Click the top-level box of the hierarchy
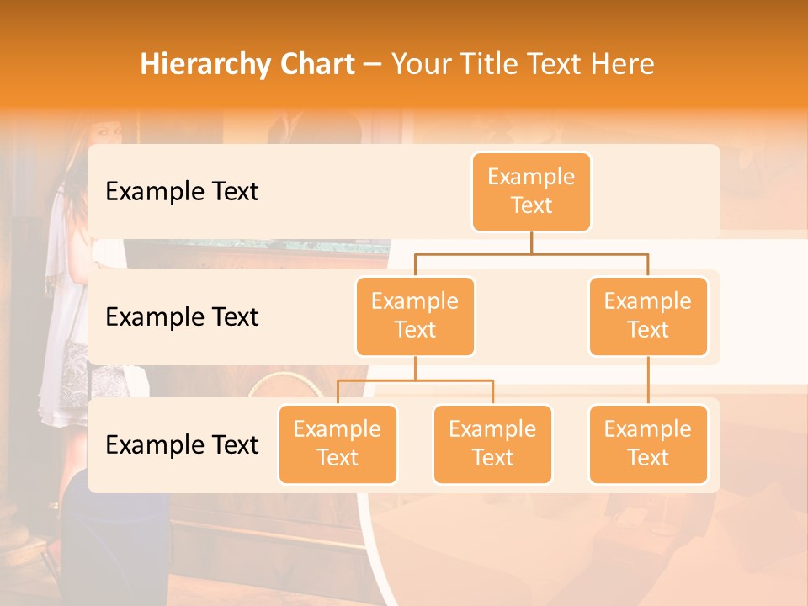tap(531, 192)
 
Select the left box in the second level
tap(415, 316)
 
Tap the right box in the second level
tap(648, 316)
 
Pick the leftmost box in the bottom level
tap(338, 444)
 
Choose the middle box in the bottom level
tap(492, 444)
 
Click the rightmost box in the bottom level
tap(648, 444)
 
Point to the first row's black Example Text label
tap(182, 192)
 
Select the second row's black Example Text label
tap(182, 317)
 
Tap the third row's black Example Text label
tap(182, 444)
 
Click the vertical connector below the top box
tap(531, 242)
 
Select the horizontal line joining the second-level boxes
tap(531, 252)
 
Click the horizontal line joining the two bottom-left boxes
tap(415, 380)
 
